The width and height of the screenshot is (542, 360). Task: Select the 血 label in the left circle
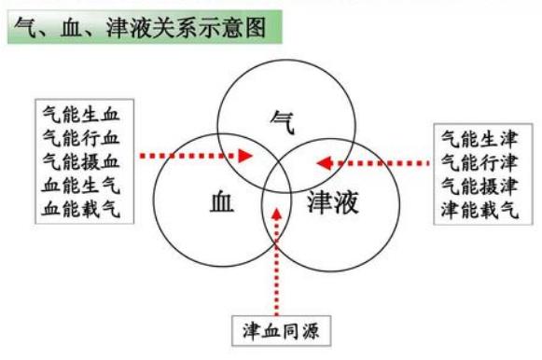223,200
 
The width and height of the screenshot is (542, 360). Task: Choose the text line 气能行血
81,138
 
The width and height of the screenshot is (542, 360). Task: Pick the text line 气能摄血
81,160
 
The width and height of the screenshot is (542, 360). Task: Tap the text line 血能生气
81,184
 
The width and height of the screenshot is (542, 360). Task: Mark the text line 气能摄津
479,186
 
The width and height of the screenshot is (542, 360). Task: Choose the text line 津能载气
479,209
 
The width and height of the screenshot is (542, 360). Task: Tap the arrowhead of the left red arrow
246,156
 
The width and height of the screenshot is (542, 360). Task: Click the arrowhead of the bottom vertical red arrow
277,212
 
